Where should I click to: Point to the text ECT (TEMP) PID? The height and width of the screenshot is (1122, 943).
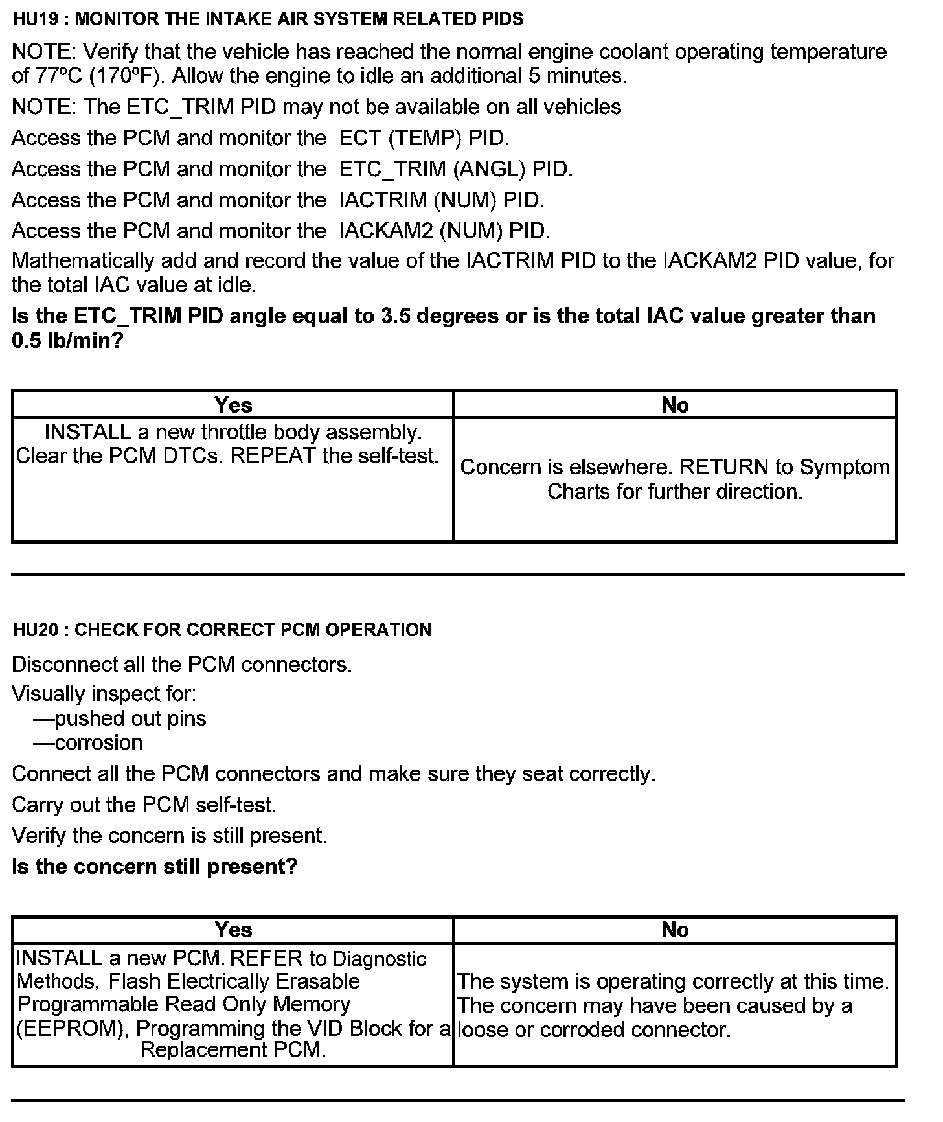click(x=424, y=138)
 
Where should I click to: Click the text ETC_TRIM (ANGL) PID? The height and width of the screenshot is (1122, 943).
click(x=456, y=169)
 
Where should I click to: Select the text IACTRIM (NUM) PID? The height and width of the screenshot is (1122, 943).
click(x=442, y=200)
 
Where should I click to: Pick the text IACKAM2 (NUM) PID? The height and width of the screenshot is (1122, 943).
click(x=444, y=231)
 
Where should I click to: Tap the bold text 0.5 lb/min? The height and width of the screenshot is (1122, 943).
click(x=67, y=341)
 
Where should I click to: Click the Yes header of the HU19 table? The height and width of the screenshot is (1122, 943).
click(x=233, y=405)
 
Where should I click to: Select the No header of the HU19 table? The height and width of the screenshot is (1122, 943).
click(x=675, y=405)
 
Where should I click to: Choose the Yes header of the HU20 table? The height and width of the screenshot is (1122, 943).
click(x=233, y=930)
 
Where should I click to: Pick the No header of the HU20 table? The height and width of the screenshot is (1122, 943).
click(x=675, y=930)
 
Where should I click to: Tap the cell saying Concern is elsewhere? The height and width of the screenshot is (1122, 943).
click(x=675, y=479)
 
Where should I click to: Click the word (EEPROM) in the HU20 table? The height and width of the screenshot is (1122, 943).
click(x=72, y=1029)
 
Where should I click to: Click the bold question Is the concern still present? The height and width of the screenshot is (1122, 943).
click(x=155, y=866)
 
